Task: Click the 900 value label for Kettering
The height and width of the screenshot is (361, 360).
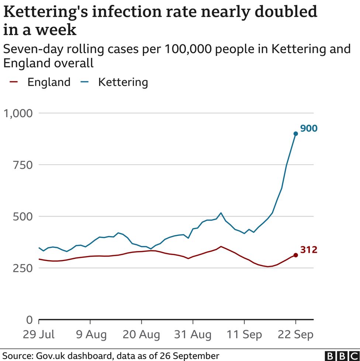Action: [309, 129]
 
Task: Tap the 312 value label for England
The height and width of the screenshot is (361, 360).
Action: [308, 250]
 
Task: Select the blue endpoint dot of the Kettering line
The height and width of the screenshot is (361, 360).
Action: [295, 133]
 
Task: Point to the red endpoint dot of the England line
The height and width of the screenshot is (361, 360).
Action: [295, 255]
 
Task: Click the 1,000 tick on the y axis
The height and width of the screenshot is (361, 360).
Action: [18, 113]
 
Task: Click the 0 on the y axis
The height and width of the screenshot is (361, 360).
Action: [29, 320]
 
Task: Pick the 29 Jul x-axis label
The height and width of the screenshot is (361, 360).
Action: [39, 335]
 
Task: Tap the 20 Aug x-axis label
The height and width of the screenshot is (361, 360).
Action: [142, 335]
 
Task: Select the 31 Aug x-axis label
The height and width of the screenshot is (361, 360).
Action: [193, 335]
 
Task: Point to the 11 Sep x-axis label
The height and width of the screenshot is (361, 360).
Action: [244, 335]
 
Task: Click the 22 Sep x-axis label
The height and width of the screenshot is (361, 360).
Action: [295, 335]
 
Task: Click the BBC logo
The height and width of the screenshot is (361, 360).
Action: [341, 355]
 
